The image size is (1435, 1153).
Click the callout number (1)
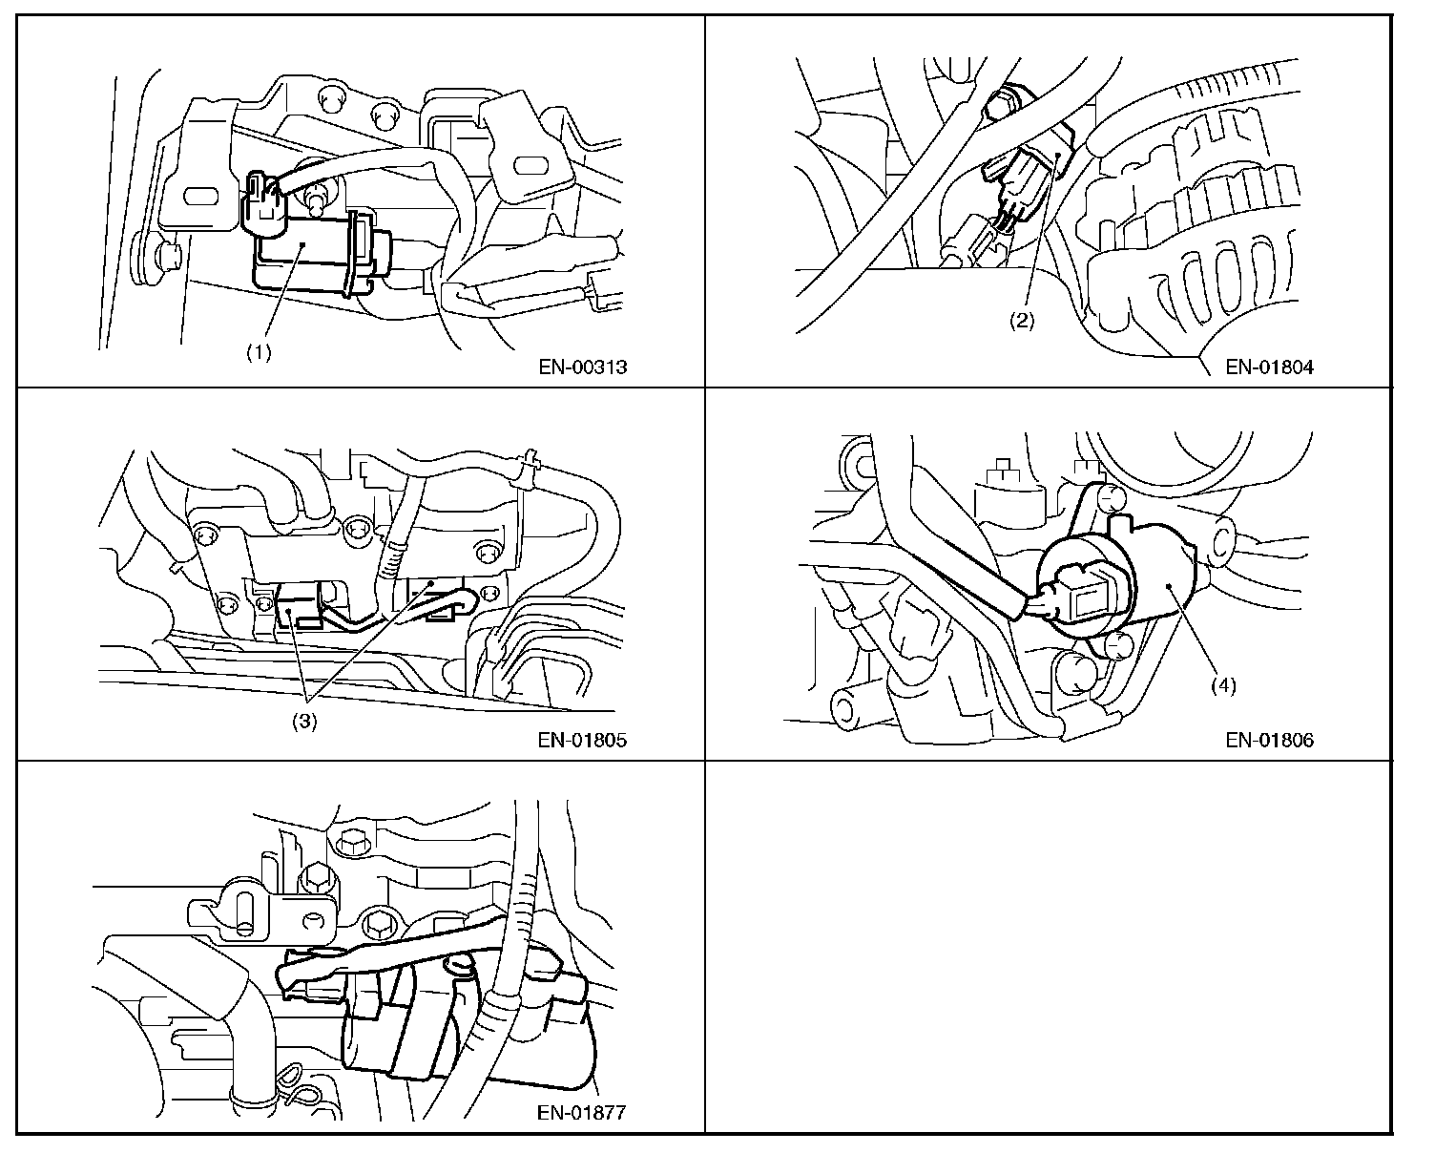[x=259, y=351]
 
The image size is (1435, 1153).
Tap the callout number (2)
[x=1022, y=321]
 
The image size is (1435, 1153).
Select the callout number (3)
[x=303, y=723]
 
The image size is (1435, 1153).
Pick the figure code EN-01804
[x=1269, y=367]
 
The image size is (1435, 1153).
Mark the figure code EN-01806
[x=1269, y=740]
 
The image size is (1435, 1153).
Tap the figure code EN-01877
[x=581, y=1112]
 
